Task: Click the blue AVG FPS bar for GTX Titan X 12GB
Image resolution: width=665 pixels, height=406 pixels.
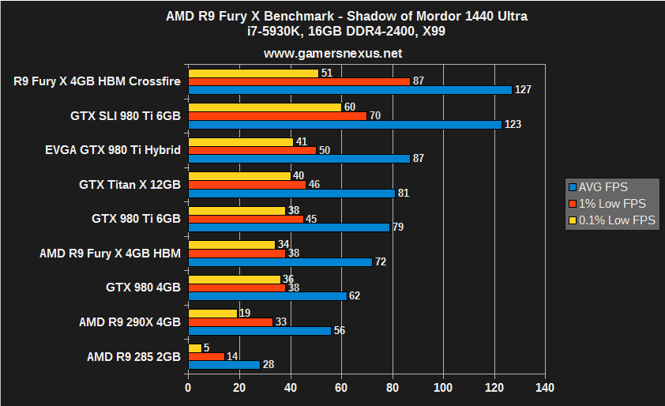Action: [x=291, y=193]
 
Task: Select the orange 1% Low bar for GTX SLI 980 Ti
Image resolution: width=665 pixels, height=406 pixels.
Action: [x=277, y=115]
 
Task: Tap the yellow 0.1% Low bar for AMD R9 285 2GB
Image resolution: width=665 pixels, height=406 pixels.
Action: [x=194, y=348]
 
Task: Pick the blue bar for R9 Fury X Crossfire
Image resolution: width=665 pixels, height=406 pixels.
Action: [x=350, y=90]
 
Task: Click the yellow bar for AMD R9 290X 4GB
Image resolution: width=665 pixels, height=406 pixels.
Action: [x=212, y=313]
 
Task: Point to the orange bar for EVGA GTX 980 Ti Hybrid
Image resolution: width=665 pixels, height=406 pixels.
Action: [x=252, y=150]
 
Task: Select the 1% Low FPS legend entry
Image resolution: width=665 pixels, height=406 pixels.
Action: [x=607, y=204]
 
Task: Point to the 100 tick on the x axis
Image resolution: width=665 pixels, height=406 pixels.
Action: [x=443, y=388]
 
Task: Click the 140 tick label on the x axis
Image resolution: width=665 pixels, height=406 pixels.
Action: [x=545, y=388]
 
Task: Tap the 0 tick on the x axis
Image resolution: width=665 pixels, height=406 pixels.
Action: [x=188, y=388]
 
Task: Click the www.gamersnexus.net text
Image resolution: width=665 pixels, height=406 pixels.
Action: [x=332, y=54]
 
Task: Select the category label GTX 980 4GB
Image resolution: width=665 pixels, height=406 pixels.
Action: [x=143, y=287]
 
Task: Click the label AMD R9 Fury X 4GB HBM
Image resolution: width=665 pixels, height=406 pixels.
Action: [x=110, y=253]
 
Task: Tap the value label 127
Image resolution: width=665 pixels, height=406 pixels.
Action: [x=523, y=90]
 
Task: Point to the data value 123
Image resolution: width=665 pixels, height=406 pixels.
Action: [x=513, y=125]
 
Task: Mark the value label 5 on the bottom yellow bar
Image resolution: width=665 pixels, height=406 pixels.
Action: [x=207, y=348]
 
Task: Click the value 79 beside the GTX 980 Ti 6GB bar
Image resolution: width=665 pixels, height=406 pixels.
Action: [x=399, y=227]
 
